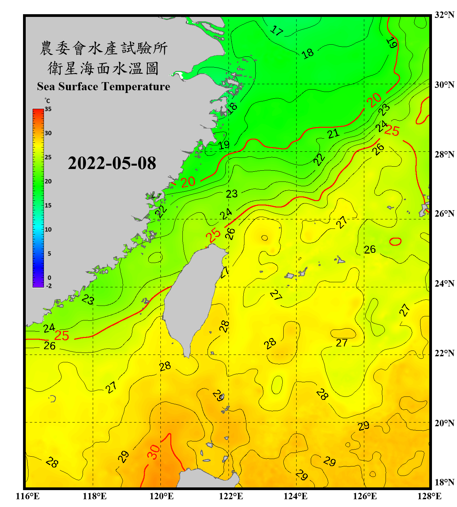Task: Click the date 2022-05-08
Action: (x=112, y=163)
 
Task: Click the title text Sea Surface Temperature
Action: (x=103, y=87)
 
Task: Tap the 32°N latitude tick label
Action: (x=444, y=15)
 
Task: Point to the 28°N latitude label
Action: (x=444, y=154)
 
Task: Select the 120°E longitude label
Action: (x=161, y=496)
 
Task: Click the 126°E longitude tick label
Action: (x=365, y=496)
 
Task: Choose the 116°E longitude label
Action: (x=27, y=496)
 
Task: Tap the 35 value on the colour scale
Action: (x=48, y=109)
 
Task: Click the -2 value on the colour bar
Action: (x=49, y=286)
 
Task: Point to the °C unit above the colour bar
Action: (x=47, y=101)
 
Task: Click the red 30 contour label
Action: (x=153, y=452)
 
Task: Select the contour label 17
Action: (x=277, y=31)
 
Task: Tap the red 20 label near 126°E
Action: (x=374, y=100)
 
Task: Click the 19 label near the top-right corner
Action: (x=392, y=43)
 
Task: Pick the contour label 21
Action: (x=333, y=134)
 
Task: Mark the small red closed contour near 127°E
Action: (x=395, y=241)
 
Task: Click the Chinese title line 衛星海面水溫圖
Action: (x=103, y=68)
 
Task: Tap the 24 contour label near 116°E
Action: (x=49, y=328)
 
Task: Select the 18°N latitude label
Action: (x=444, y=482)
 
